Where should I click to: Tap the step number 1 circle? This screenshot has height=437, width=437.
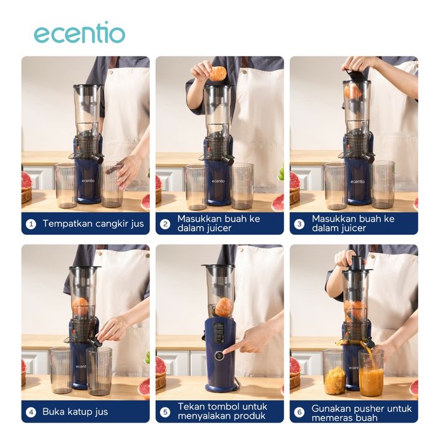tap(31, 224)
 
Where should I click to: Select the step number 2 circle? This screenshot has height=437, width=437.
tap(165, 224)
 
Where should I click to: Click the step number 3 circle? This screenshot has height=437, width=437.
tap(299, 224)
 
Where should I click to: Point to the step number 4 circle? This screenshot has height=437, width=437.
tap(31, 412)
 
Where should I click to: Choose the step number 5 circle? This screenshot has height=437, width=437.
tap(165, 412)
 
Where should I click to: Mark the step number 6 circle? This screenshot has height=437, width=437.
tap(299, 412)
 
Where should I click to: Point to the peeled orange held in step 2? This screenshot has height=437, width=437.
tap(217, 73)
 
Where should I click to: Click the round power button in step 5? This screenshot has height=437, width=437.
tap(218, 355)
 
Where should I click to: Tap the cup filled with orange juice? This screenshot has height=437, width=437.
tap(371, 373)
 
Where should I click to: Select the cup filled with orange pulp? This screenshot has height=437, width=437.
tap(335, 372)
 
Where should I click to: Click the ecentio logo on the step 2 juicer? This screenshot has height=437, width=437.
tap(218, 181)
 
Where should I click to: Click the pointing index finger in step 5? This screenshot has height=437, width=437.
tap(235, 349)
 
